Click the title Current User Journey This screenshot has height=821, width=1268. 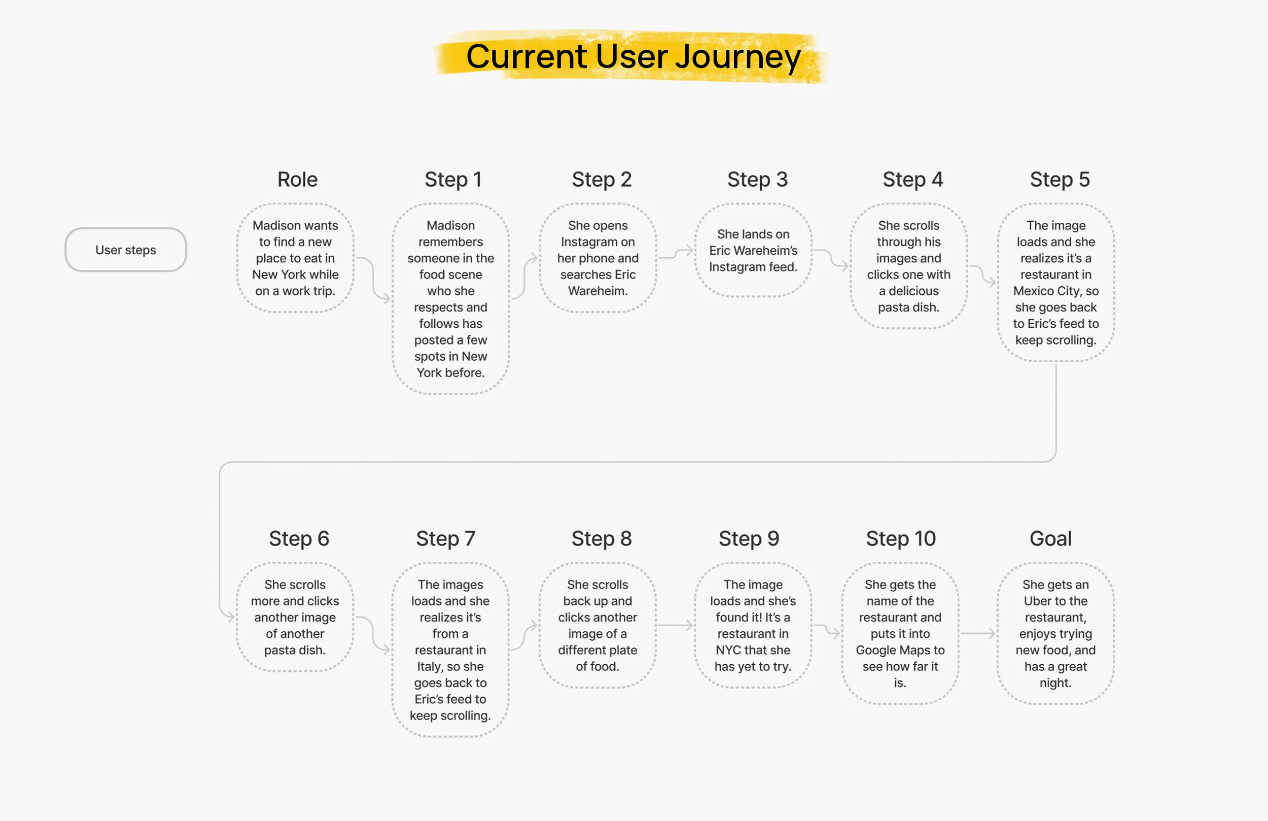(x=633, y=56)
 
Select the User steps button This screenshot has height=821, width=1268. (x=126, y=250)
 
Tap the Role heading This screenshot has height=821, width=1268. (x=297, y=180)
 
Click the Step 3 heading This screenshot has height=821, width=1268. (x=757, y=180)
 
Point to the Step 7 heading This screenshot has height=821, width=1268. (x=445, y=539)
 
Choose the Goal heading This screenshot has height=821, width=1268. (x=1050, y=539)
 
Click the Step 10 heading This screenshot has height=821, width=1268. (x=900, y=539)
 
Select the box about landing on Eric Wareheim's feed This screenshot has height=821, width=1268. (x=753, y=251)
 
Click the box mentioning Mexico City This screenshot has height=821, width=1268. (x=1055, y=283)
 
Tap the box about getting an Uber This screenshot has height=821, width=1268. (x=1055, y=633)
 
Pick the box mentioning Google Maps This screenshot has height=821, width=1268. (x=900, y=633)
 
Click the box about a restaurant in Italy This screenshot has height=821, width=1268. (x=450, y=650)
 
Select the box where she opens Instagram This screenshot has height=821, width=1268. (x=597, y=258)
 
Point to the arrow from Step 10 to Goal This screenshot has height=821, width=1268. (x=978, y=633)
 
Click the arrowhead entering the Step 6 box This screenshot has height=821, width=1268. (x=230, y=617)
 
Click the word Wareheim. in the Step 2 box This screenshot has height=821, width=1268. (x=597, y=291)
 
